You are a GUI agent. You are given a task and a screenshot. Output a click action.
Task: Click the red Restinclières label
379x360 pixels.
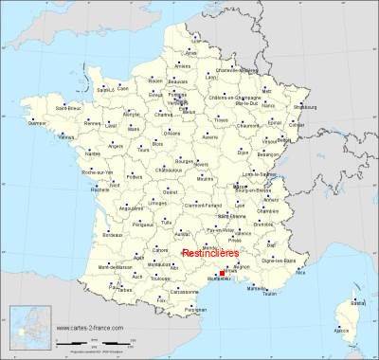[x=211, y=254]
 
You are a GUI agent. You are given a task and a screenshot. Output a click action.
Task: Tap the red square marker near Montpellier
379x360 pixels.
[x=222, y=274]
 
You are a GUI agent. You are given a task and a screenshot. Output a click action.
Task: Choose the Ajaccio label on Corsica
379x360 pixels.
[x=343, y=330]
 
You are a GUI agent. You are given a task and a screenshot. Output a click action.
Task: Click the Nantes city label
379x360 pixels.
[x=92, y=153]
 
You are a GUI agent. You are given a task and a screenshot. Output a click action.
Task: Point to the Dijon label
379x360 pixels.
[x=243, y=151]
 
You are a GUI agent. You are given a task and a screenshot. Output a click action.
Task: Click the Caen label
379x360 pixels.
[x=122, y=88]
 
